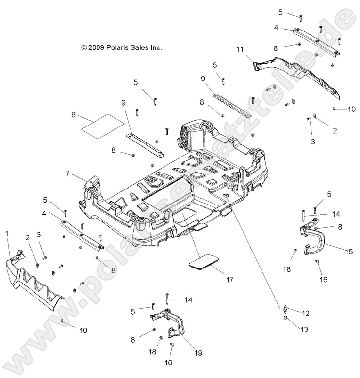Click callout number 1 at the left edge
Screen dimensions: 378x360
(7, 234)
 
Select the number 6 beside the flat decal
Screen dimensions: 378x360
(73, 115)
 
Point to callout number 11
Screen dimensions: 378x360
(240, 49)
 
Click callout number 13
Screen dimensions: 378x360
(304, 329)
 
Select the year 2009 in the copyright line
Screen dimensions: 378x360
(96, 48)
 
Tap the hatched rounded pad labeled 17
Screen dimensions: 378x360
(203, 262)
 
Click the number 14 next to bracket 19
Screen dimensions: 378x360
(188, 300)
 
